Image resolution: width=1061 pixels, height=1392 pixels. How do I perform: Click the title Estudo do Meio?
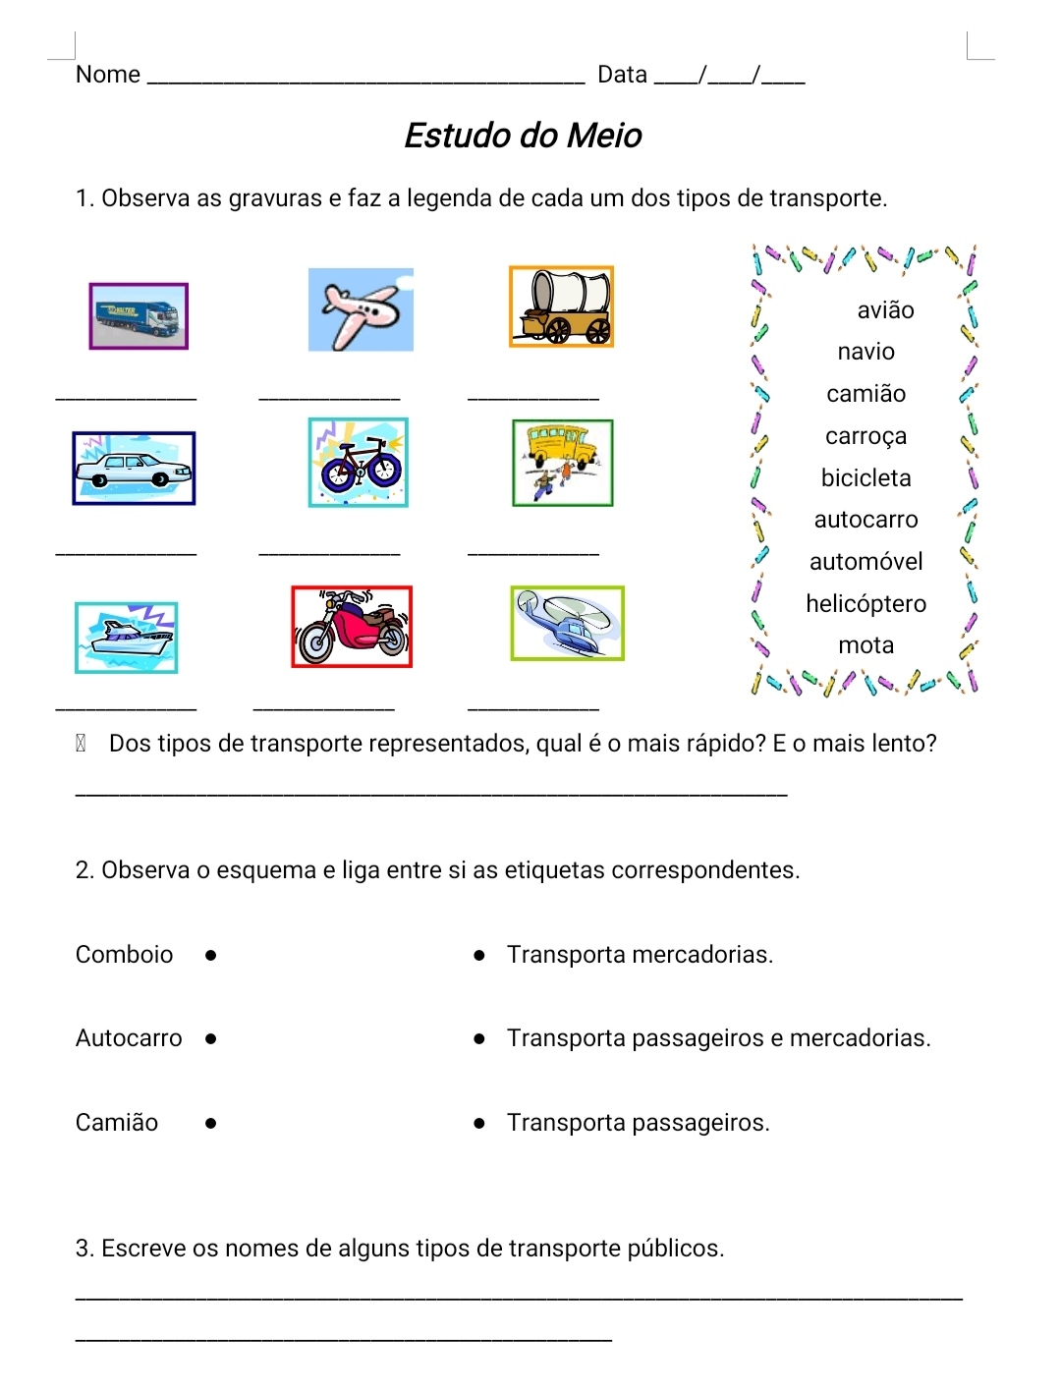523,136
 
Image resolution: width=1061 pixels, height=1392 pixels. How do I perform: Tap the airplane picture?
361,309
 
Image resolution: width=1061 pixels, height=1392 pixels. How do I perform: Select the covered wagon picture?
561,306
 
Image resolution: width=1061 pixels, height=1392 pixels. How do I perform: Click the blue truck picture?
139,316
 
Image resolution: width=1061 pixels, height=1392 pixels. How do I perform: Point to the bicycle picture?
358,463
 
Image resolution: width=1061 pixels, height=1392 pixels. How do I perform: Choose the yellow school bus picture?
563,463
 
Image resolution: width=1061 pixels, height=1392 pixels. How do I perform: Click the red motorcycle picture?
352,627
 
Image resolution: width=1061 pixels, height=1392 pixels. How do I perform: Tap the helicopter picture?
567,624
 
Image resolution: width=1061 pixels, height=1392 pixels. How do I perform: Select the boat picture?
127,638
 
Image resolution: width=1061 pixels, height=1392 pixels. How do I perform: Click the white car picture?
134,469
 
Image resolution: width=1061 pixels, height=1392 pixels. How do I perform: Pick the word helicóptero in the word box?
866,603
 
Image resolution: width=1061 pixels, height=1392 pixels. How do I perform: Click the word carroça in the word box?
866,435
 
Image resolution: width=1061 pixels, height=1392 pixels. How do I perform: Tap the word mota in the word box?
866,645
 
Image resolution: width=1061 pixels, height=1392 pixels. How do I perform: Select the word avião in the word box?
885,310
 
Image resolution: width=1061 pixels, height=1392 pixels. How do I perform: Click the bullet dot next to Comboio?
211,955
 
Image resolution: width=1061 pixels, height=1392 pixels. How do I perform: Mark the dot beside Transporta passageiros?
479,1123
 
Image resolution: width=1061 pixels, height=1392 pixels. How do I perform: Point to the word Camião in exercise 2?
117,1123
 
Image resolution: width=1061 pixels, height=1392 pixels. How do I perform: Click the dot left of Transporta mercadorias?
479,955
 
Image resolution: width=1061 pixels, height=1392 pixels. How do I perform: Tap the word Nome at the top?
108,75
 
